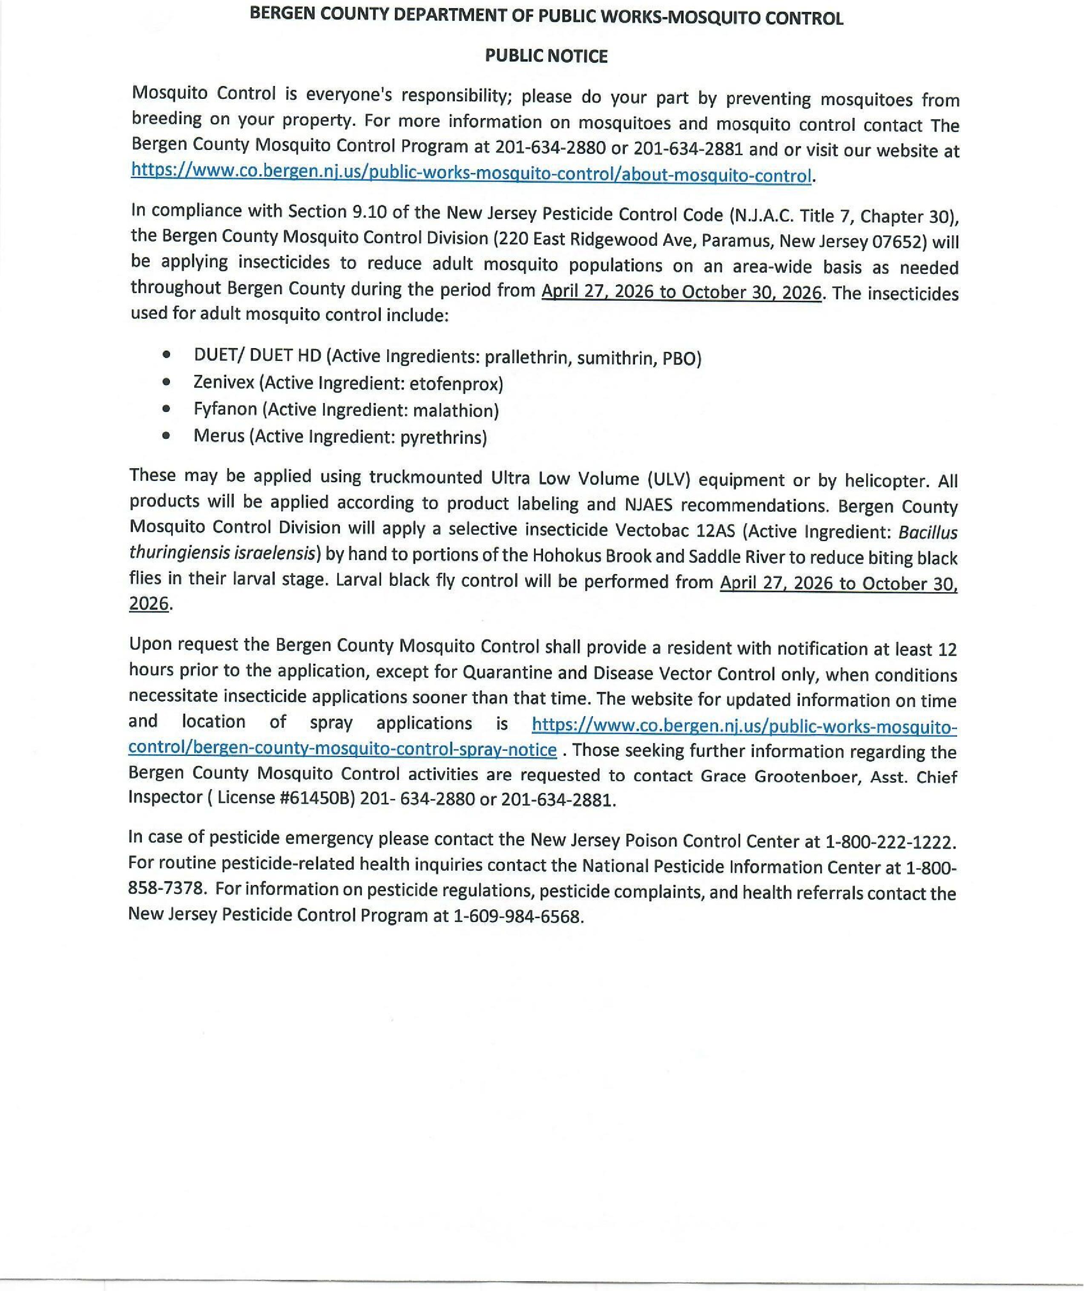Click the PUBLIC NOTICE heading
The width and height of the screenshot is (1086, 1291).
click(546, 56)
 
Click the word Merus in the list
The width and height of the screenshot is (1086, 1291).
click(218, 436)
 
